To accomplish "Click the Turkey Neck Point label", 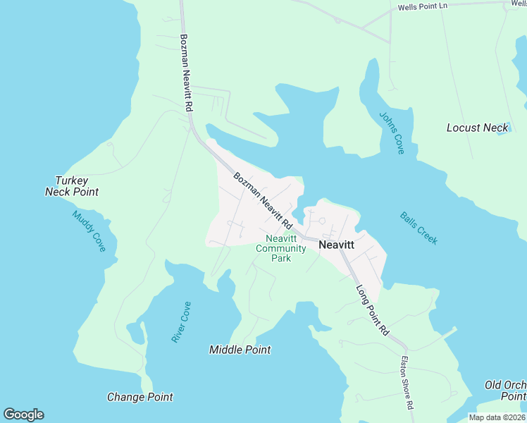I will coord(71,186).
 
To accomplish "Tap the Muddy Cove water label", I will coord(89,231).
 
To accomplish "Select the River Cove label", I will coord(181,322).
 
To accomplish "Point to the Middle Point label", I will coord(240,350).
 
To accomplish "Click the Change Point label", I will coord(139,397).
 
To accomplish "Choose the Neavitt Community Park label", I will coord(280,248).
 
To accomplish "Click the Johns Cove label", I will coord(391,133).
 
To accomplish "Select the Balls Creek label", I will coord(418,228).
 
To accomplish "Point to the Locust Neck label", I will coord(477,128).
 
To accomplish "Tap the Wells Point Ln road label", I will coord(423,6).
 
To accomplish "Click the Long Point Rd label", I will coord(373,309).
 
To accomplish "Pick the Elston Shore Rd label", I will coord(406,383).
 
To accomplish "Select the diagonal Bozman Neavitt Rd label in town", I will coord(263,200).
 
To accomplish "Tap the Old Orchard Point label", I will coord(505,390).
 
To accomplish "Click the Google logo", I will coord(23,415).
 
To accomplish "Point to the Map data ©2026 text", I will coord(497,417).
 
